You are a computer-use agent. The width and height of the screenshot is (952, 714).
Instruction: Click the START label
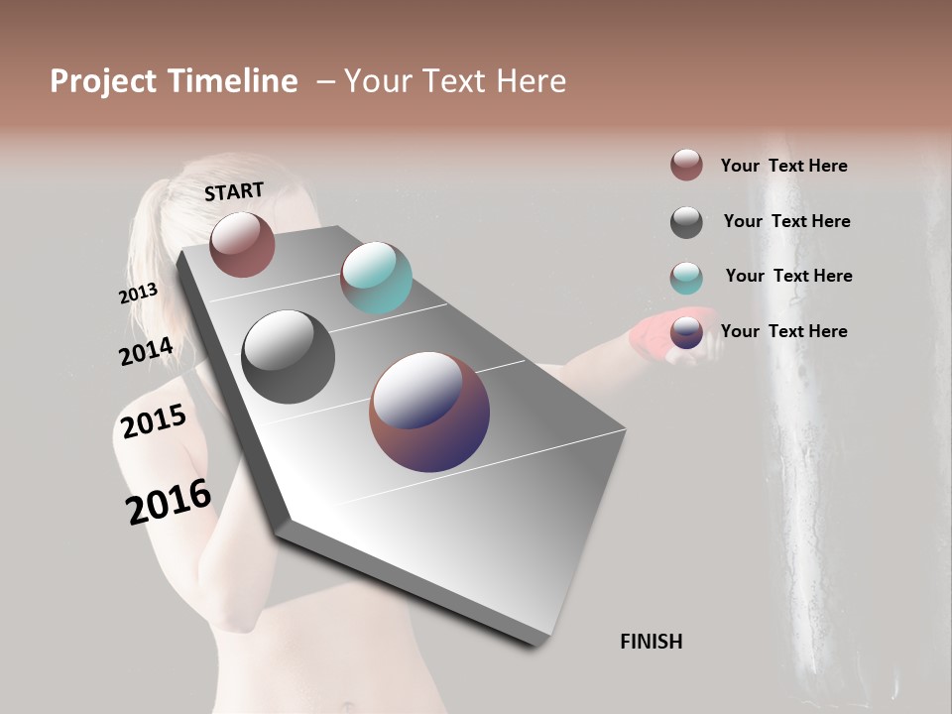pyautogui.click(x=234, y=191)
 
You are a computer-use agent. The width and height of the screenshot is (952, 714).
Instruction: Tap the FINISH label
pyautogui.click(x=651, y=642)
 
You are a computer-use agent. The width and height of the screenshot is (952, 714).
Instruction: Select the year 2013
pyautogui.click(x=138, y=294)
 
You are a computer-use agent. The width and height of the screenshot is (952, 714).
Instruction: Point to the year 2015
pyautogui.click(x=154, y=421)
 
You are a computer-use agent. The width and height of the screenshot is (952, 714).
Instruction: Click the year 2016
pyautogui.click(x=169, y=502)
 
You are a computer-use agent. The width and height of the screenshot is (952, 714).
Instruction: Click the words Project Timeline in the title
pyautogui.click(x=174, y=81)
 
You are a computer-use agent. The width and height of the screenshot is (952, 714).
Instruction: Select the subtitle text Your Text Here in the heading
pyautogui.click(x=455, y=81)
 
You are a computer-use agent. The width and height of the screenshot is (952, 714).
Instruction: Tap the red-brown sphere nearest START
pyautogui.click(x=242, y=245)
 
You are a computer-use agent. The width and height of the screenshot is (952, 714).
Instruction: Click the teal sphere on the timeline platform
pyautogui.click(x=376, y=278)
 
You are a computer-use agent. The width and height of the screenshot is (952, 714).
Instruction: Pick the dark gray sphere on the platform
pyautogui.click(x=288, y=357)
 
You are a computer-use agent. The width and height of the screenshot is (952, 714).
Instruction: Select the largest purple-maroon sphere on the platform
pyautogui.click(x=429, y=412)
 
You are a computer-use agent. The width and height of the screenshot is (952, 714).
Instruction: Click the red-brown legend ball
pyautogui.click(x=686, y=165)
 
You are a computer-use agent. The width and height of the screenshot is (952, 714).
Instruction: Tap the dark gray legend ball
pyautogui.click(x=686, y=222)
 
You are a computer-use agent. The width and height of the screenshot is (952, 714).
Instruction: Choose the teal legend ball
pyautogui.click(x=686, y=278)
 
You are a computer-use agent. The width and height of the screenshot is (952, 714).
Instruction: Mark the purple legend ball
pyautogui.click(x=686, y=332)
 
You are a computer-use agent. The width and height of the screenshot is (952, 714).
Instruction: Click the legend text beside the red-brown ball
pyautogui.click(x=783, y=166)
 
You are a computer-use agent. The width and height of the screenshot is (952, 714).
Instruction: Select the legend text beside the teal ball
pyautogui.click(x=788, y=276)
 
